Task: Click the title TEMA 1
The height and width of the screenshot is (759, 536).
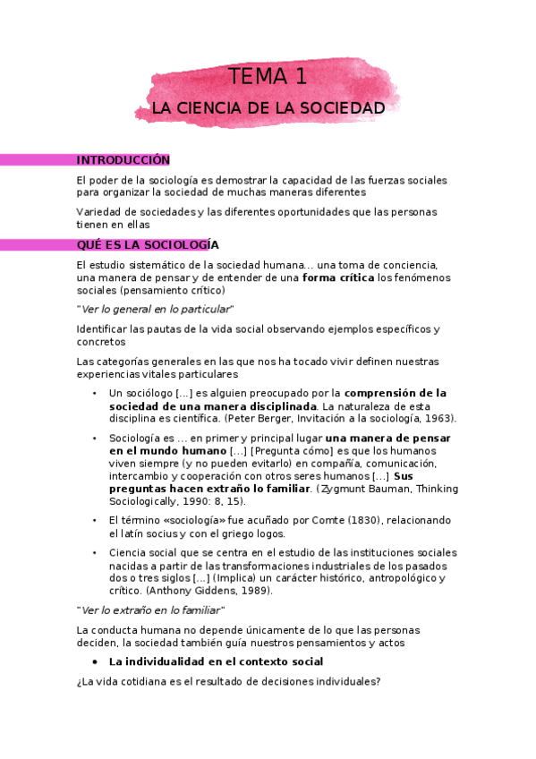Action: (268, 77)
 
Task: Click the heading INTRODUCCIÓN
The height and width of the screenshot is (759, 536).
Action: (123, 160)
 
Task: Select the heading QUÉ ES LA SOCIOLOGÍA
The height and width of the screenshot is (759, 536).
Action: (148, 245)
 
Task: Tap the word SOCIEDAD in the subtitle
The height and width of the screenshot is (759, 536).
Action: (341, 108)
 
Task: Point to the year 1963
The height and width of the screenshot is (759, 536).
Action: (438, 418)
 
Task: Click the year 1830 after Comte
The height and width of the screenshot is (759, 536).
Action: (312, 521)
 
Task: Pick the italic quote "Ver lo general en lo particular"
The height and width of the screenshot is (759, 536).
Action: (155, 309)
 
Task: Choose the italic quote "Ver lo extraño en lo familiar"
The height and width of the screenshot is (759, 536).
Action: (150, 610)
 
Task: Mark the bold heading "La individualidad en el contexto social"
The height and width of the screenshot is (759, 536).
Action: (216, 661)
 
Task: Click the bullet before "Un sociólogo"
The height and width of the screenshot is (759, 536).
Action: (95, 394)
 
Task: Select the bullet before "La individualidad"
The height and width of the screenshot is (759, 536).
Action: (95, 661)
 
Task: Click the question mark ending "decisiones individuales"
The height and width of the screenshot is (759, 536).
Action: (379, 681)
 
